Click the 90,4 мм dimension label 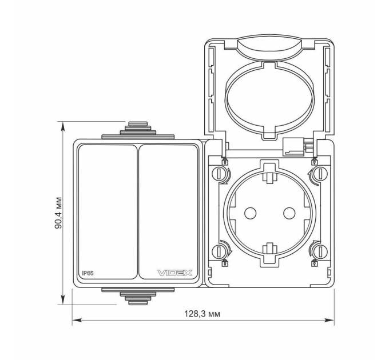click(58, 213)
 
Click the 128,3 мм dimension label click(202, 314)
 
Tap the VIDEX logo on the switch click(175, 273)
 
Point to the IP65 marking click(88, 273)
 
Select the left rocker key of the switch click(108, 212)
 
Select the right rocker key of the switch click(168, 212)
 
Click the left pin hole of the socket click(250, 213)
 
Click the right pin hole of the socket click(289, 213)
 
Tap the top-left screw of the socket click(219, 174)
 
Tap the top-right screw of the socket click(320, 174)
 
